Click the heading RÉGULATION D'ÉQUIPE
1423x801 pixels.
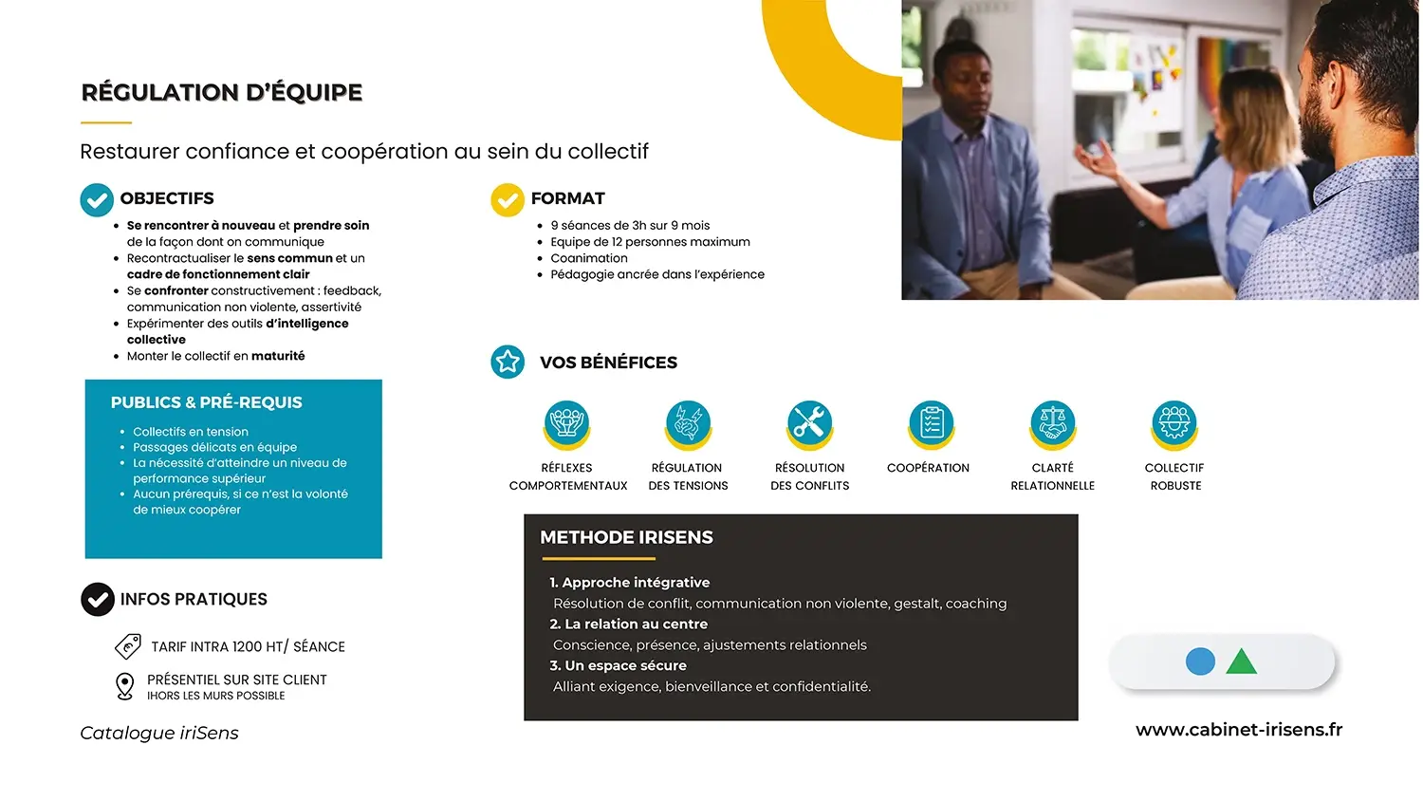[222, 92]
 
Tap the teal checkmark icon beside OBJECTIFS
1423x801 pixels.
[97, 200]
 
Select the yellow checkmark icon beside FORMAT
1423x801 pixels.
[507, 200]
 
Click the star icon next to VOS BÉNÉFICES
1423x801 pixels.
[508, 362]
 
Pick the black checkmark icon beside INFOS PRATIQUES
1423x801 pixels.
[97, 600]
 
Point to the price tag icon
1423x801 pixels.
[128, 646]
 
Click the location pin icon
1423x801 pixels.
[125, 686]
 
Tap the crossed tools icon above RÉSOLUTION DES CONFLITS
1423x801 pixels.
[809, 424]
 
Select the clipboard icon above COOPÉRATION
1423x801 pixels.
[932, 424]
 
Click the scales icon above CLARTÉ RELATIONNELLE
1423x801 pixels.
[1053, 424]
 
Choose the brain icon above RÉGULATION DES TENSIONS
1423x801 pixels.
[688, 424]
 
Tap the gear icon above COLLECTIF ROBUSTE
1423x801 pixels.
[1174, 424]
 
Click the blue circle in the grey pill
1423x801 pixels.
[1200, 661]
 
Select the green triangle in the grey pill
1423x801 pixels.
[1241, 663]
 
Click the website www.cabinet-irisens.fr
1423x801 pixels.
[1239, 731]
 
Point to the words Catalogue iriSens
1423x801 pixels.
[159, 733]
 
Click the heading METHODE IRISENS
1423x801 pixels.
[626, 538]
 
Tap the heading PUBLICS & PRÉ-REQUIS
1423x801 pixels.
[207, 402]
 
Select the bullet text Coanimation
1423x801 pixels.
[589, 258]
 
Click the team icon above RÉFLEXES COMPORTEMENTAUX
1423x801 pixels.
[566, 424]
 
